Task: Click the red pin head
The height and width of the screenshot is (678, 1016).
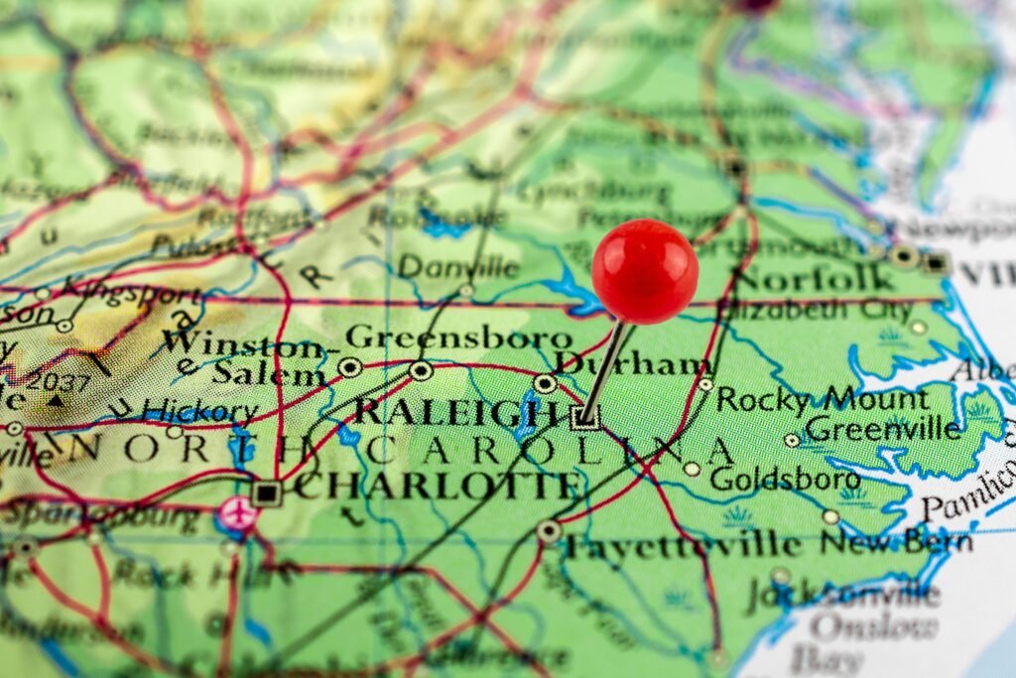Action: [645, 271]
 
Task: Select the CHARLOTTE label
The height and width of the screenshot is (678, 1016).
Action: [437, 486]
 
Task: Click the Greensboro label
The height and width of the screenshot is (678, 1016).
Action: [458, 338]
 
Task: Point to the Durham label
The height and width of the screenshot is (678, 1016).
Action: [632, 364]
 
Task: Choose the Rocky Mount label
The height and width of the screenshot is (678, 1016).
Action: [823, 399]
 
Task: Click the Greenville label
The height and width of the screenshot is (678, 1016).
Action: [883, 430]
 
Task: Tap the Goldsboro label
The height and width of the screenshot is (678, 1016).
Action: [785, 478]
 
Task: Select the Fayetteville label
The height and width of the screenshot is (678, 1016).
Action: [683, 545]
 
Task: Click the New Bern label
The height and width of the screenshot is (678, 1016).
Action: [895, 543]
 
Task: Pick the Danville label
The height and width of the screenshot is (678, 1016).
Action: [458, 267]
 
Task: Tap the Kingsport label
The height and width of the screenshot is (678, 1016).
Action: [130, 292]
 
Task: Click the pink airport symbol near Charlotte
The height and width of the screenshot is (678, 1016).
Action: [237, 513]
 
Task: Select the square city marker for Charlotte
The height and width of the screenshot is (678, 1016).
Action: [266, 492]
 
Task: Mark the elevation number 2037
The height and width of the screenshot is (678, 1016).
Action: [60, 382]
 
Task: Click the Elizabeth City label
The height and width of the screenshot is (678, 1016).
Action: [816, 310]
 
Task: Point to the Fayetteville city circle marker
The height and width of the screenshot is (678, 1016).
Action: [549, 532]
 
